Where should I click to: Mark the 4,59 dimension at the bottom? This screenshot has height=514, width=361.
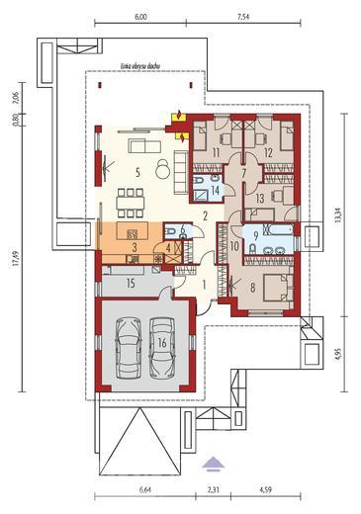(266, 489)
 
